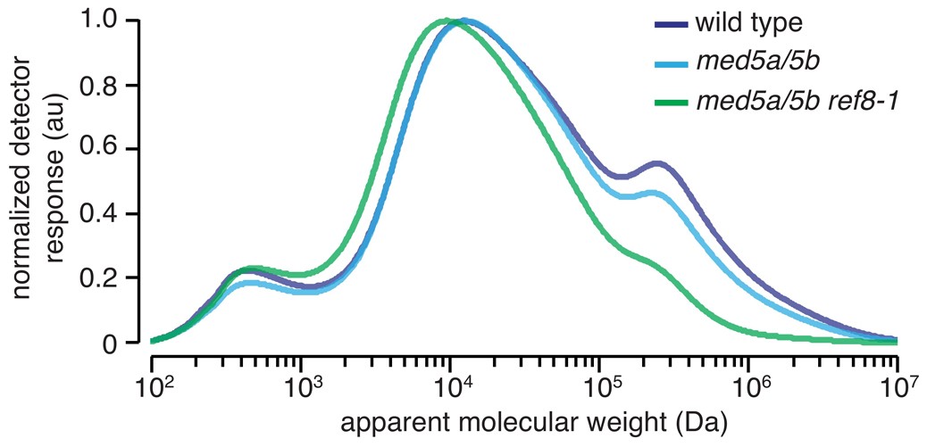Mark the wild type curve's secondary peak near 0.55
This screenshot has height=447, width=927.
point(657,163)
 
